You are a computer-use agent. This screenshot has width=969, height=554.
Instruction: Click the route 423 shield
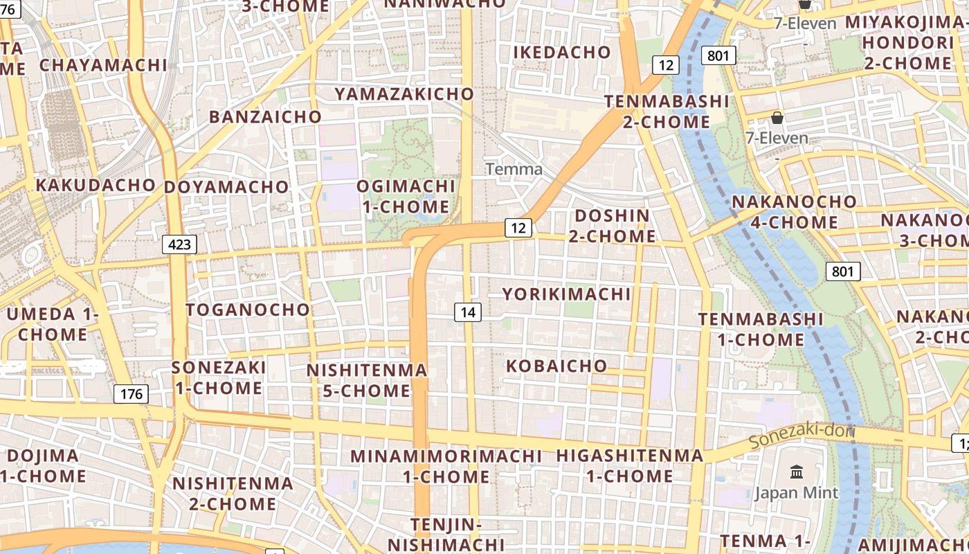[x=179, y=244]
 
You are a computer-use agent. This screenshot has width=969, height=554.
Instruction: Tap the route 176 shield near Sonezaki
[x=131, y=394]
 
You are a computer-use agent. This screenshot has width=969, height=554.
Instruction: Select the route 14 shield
[x=468, y=312]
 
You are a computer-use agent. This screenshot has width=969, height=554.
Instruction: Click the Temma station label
[x=514, y=169]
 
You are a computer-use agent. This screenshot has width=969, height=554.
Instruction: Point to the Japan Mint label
[x=796, y=493]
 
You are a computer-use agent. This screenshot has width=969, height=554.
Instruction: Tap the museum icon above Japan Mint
[x=796, y=472]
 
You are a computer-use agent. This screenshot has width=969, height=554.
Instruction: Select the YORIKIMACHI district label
[x=566, y=294]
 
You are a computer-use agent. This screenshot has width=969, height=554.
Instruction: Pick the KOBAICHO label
[x=556, y=366]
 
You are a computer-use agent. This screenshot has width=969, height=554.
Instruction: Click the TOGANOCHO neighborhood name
[x=247, y=310]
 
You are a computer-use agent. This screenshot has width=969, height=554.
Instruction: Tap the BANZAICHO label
[x=265, y=116]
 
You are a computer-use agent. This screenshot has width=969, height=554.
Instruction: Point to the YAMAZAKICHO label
[x=404, y=93]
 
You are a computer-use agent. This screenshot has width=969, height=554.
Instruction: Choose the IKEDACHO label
[x=562, y=52]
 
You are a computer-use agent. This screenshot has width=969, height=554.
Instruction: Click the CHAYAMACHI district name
[x=103, y=65]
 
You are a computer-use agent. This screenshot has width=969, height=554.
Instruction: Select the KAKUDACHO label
[x=96, y=185]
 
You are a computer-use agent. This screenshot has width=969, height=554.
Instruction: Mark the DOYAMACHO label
[x=226, y=187]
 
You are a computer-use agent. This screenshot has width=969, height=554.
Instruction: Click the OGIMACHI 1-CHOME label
[x=406, y=197]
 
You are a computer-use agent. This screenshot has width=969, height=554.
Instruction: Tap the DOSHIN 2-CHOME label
[x=612, y=226]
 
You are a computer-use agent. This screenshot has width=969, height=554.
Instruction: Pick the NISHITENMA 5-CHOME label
[x=367, y=380]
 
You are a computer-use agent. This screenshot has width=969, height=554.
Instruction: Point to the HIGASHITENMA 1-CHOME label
[x=630, y=466]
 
